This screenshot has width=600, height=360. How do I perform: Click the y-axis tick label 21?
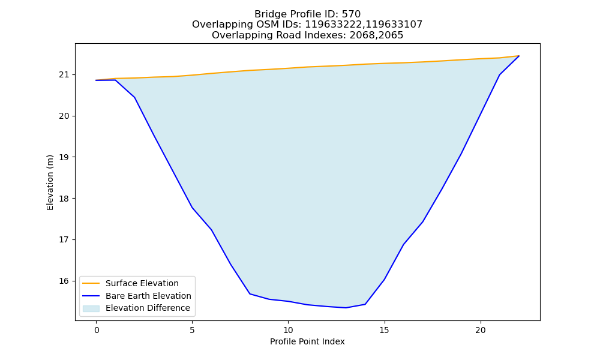click(x=65, y=74)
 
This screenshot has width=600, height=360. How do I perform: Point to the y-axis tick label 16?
click(x=65, y=281)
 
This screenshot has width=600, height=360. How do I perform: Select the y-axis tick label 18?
click(x=65, y=199)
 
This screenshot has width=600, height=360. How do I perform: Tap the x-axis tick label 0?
click(x=97, y=330)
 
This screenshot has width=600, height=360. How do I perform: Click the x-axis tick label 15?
click(x=384, y=330)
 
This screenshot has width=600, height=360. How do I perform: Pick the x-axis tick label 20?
click(x=480, y=330)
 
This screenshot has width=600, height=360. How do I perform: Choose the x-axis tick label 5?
click(x=192, y=330)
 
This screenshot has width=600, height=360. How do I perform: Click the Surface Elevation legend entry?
click(x=142, y=283)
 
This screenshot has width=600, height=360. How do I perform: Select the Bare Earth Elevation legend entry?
click(x=148, y=296)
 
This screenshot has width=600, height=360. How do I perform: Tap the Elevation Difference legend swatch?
click(x=91, y=308)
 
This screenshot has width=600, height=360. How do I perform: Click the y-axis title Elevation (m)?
click(x=50, y=182)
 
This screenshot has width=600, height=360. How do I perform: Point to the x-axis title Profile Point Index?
click(x=307, y=341)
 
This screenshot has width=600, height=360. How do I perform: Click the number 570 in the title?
click(x=351, y=14)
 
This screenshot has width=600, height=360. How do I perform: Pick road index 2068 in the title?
click(x=361, y=35)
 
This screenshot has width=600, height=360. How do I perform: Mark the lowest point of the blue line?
click(x=346, y=308)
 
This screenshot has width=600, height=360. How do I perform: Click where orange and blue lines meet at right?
click(x=519, y=56)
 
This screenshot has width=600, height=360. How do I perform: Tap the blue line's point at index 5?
click(x=192, y=208)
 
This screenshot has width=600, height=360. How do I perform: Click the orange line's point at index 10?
click(x=288, y=68)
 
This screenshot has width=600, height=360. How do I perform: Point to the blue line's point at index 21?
click(x=499, y=75)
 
